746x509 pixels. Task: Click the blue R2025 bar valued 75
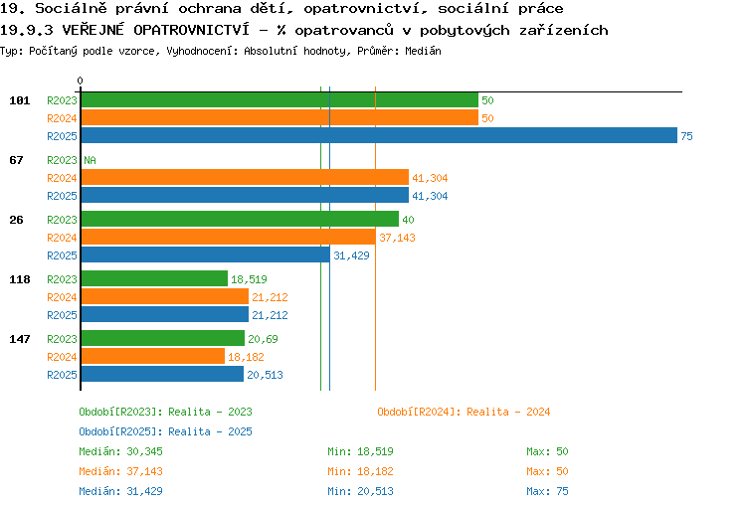click(379, 135)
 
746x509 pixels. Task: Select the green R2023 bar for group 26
click(240, 219)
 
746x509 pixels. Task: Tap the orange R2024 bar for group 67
click(245, 177)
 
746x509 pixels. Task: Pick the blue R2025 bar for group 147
click(162, 374)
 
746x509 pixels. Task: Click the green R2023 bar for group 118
click(154, 278)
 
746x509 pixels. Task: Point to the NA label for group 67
click(90, 160)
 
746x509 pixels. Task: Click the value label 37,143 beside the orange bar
click(397, 238)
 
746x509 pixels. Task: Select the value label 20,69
click(264, 339)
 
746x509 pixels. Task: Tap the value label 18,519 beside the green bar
click(249, 279)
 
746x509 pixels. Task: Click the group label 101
click(20, 100)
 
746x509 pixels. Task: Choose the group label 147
click(20, 339)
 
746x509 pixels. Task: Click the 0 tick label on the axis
click(80, 81)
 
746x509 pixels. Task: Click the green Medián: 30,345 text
click(120, 451)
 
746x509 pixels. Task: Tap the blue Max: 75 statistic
click(547, 491)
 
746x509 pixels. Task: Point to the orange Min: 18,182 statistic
click(360, 471)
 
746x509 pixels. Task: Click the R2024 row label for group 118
click(62, 297)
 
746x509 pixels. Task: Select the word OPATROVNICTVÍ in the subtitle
click(191, 30)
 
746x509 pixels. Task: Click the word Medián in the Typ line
click(423, 51)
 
